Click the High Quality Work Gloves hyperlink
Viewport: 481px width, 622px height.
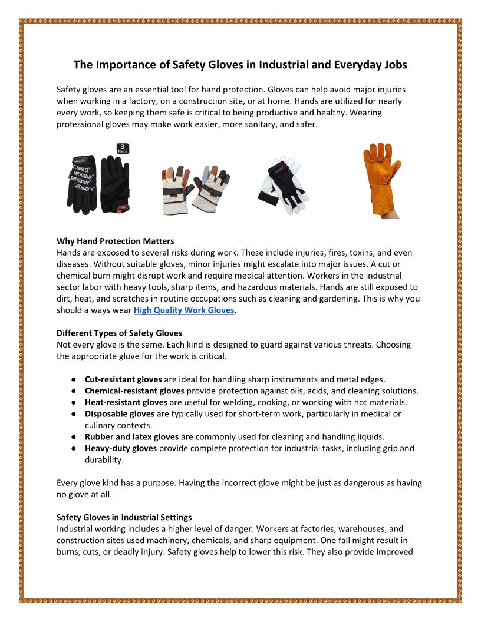(x=184, y=310)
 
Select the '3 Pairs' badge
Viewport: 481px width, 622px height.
(x=123, y=148)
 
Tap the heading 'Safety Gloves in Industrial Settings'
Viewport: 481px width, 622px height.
(x=124, y=518)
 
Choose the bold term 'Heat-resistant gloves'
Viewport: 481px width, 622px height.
(x=126, y=402)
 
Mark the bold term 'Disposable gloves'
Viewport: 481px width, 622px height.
(x=120, y=414)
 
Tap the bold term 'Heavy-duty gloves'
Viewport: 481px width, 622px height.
(x=121, y=448)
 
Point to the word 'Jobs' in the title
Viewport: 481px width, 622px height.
(x=394, y=65)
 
